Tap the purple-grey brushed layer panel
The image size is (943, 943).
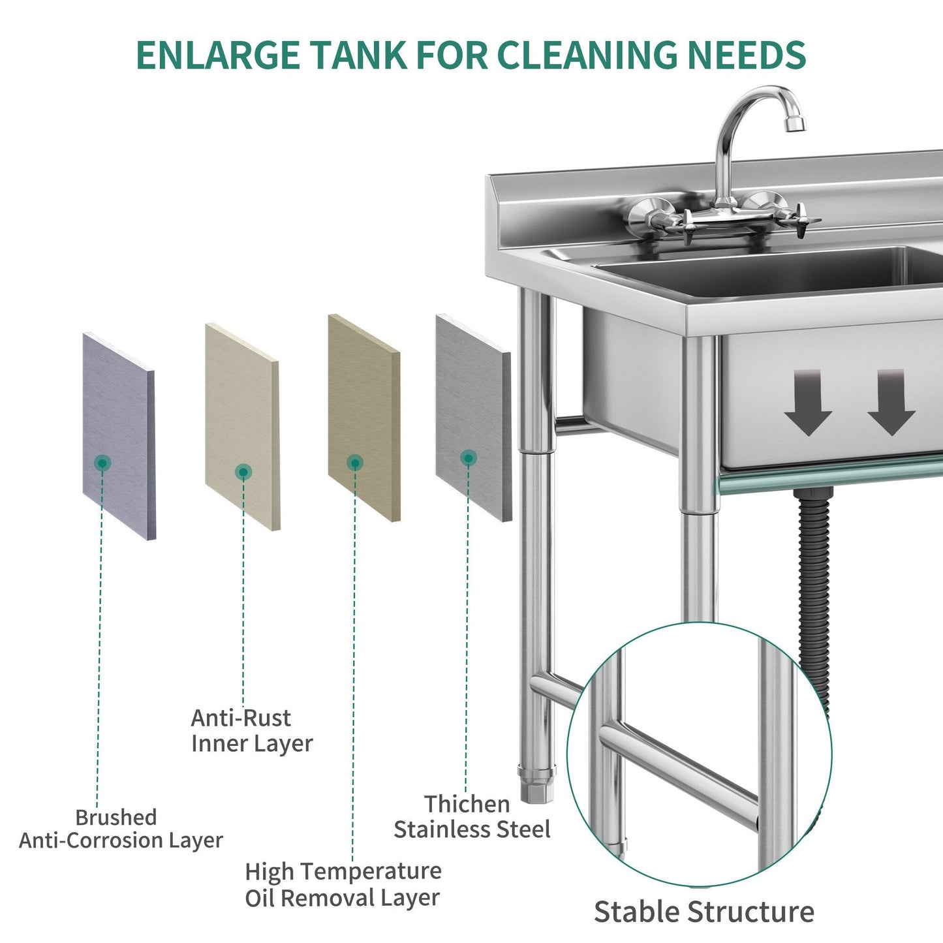(119, 435)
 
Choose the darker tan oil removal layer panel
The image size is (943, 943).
(363, 418)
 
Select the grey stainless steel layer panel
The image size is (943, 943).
(473, 418)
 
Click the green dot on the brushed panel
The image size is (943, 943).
(102, 463)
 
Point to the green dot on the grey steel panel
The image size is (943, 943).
(468, 458)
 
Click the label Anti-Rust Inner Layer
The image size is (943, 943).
(251, 731)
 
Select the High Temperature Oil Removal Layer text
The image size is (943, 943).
(343, 884)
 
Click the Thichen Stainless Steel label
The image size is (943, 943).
(472, 816)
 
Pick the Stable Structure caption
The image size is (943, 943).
(703, 912)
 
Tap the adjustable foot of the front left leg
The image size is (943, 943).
(537, 786)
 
